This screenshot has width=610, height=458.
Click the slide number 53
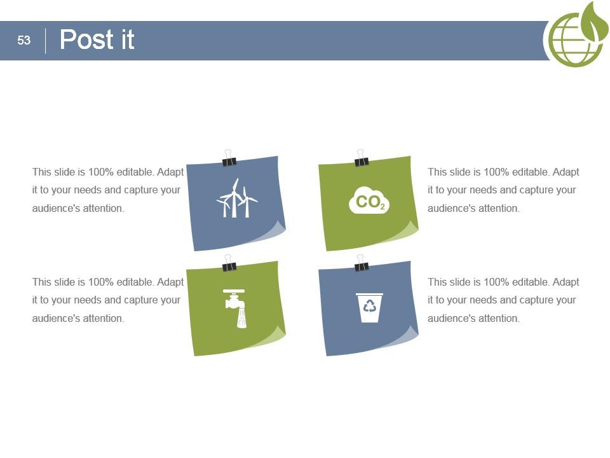(x=24, y=40)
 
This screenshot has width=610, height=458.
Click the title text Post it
(x=97, y=39)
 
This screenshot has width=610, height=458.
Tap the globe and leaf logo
(x=576, y=35)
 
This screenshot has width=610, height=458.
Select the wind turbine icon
(x=236, y=198)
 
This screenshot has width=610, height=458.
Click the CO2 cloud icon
(x=369, y=200)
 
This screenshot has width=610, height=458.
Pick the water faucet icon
(x=235, y=309)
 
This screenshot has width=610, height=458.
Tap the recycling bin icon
(x=369, y=308)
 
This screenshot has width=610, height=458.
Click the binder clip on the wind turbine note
(x=229, y=158)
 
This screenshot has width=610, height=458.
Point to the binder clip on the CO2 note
(x=361, y=158)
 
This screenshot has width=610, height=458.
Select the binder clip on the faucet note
(x=229, y=263)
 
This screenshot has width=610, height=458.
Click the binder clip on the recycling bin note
(x=361, y=263)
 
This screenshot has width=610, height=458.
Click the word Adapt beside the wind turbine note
(x=170, y=172)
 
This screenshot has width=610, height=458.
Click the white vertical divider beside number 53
(x=46, y=41)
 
